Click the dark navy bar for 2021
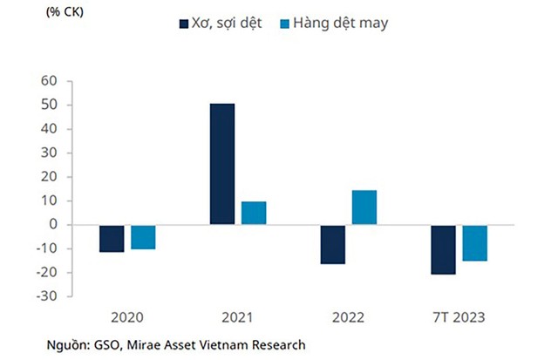coord(221,164)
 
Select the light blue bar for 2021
coord(253,213)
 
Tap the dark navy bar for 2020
coord(112,238)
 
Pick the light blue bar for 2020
coord(143,236)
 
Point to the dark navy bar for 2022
coord(332,244)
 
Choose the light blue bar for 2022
coord(364,207)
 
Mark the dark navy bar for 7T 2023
coord(442,249)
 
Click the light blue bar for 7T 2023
coord(474,242)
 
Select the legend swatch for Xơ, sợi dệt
coord(184,24)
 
